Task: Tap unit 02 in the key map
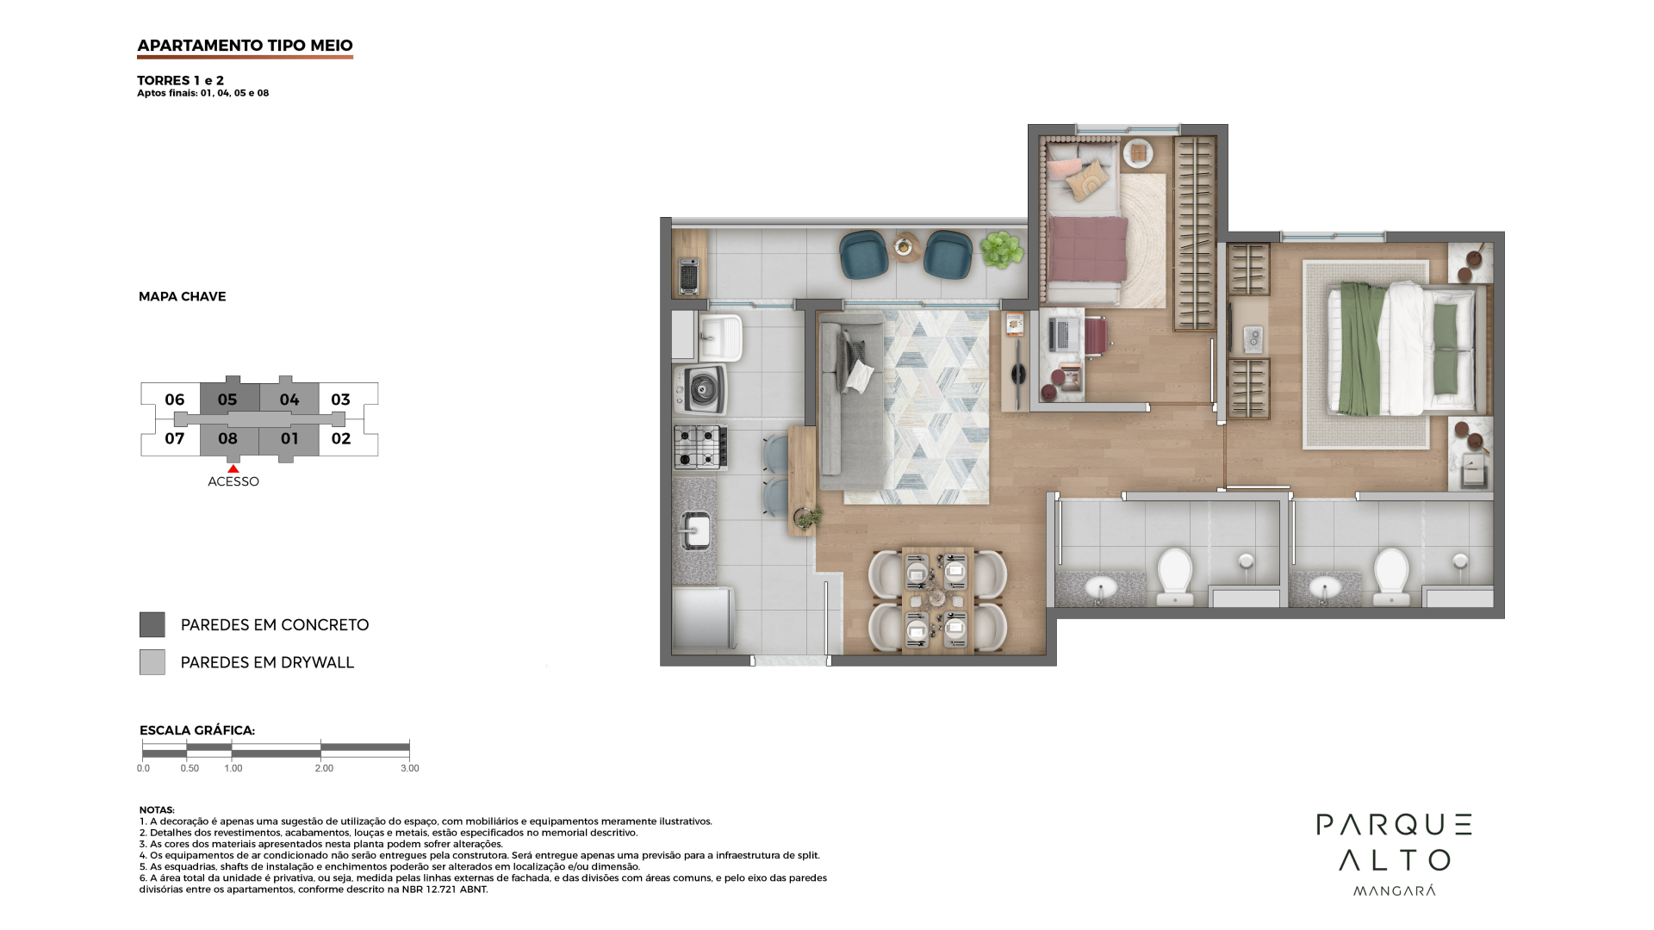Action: pos(341,438)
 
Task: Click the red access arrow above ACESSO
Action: pos(233,468)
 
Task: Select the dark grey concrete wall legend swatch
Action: pos(152,624)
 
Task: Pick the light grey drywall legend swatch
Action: pos(152,661)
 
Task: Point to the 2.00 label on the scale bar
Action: pos(324,768)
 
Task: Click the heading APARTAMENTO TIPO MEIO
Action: pos(245,46)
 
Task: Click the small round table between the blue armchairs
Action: pos(905,247)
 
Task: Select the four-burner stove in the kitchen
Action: pos(700,447)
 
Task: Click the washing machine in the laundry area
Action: pos(700,390)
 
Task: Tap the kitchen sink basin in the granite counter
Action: pos(696,530)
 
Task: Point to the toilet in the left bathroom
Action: pos(1174,574)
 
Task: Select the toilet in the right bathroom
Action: pos(1390,574)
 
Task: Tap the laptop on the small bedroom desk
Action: pos(1059,333)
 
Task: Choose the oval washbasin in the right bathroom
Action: pos(1325,588)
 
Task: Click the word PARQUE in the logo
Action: pos(1394,825)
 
